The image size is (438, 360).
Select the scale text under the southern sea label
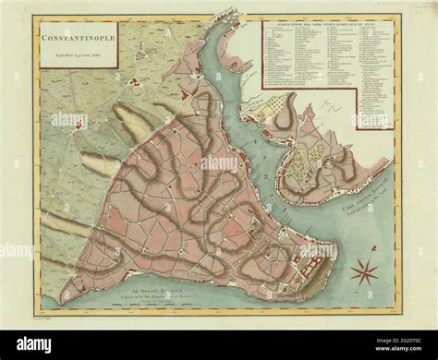coord(152,299)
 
